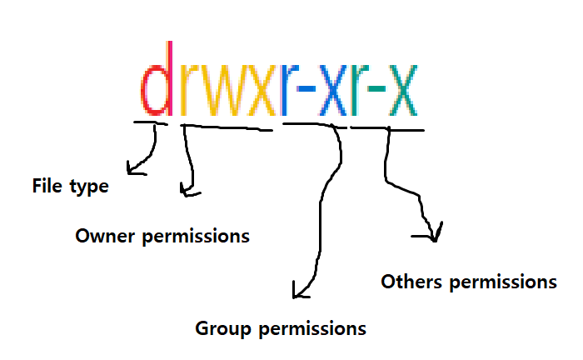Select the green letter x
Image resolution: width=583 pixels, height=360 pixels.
(405, 90)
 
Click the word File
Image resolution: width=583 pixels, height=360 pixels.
(47, 186)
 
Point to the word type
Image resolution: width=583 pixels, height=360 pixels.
(89, 187)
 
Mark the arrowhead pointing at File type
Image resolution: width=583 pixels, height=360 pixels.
(132, 171)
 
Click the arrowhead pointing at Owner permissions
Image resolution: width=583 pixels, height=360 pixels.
(187, 193)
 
